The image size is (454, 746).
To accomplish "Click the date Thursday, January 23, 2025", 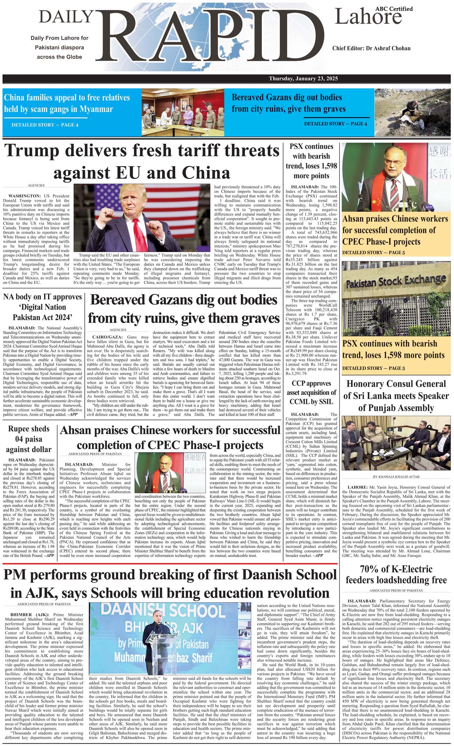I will [303, 79].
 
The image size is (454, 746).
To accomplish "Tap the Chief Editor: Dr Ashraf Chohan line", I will [371, 48].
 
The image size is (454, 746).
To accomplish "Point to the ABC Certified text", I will [394, 9].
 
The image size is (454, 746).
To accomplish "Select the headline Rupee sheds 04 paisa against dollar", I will [29, 439].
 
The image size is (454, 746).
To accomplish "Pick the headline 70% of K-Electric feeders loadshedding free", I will [396, 575].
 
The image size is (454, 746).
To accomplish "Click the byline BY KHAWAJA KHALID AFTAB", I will [396, 477].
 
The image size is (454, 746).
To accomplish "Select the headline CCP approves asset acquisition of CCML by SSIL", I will [312, 392].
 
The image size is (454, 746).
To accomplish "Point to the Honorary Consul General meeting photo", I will [396, 443].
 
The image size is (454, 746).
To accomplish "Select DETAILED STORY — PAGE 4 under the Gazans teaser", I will [335, 124].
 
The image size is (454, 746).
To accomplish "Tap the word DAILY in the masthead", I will [66, 17].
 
